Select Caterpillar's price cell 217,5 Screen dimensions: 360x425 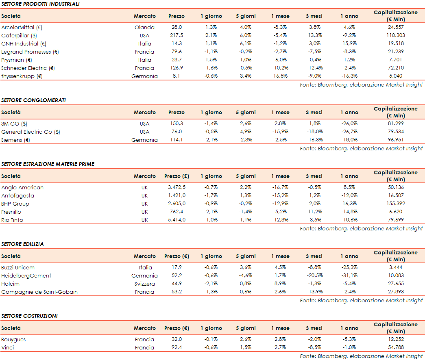176,36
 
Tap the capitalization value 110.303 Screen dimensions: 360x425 395,36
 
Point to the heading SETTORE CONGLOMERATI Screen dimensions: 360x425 33,100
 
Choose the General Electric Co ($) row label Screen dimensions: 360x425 31,132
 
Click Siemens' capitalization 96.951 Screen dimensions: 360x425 395,140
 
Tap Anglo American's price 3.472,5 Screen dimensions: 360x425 177,188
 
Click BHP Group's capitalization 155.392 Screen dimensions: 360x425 395,204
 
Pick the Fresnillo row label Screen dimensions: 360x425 11,212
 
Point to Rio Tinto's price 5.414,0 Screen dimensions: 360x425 177,220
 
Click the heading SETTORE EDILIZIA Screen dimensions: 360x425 22,244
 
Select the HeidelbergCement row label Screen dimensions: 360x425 26,276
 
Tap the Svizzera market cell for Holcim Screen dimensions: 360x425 144,284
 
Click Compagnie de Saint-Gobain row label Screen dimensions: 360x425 39,292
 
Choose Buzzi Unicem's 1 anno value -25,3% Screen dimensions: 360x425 349,268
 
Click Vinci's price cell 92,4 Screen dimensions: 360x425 177,348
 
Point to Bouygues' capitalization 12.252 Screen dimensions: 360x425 395,340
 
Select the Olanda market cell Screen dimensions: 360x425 144,28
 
